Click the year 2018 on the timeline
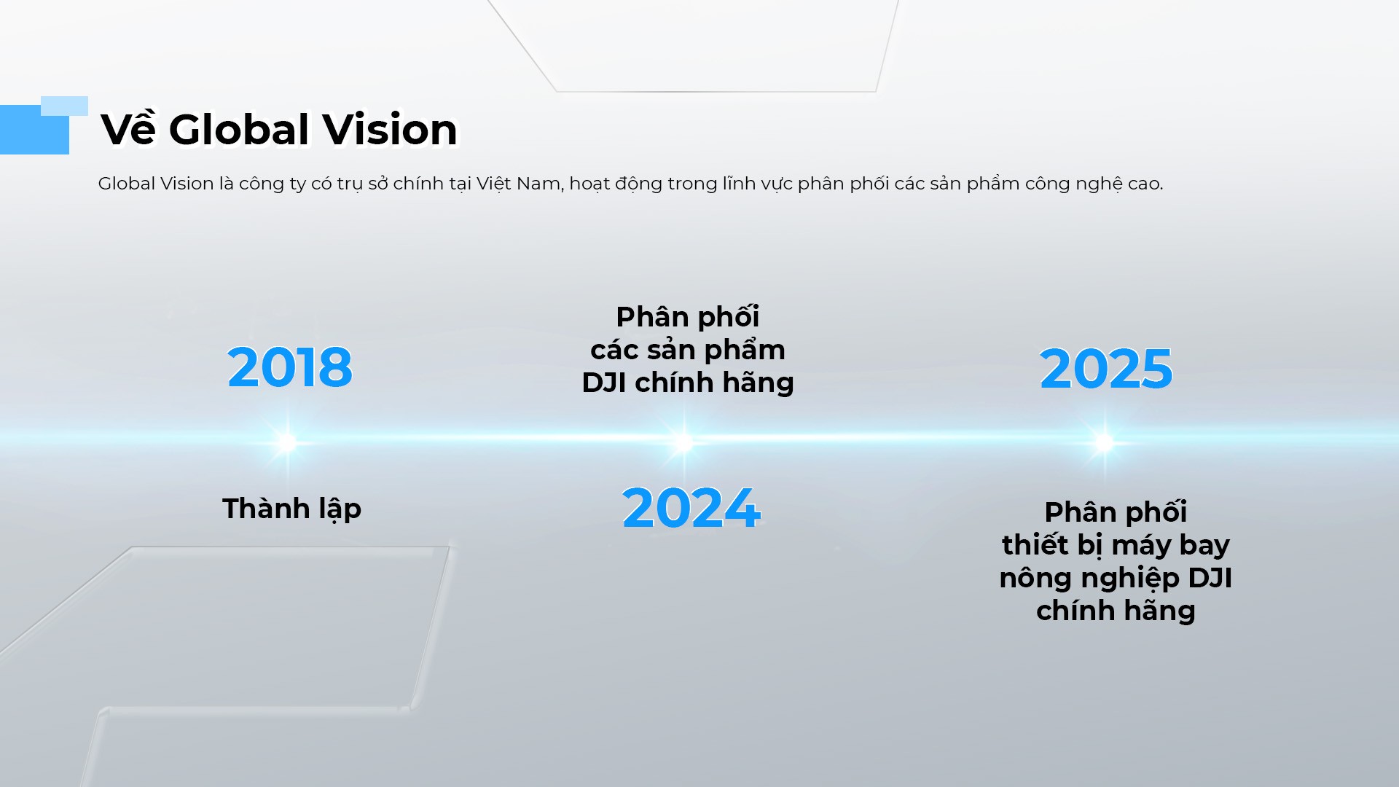[290, 367]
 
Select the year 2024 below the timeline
[691, 508]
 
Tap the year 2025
[1106, 369]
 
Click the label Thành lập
[291, 509]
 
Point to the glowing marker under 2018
[287, 442]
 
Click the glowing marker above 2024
[683, 442]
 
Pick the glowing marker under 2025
[1105, 442]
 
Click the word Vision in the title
[390, 130]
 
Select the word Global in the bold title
[239, 130]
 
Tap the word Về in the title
[128, 130]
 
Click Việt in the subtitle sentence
[493, 184]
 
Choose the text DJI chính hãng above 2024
[687, 383]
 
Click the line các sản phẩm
[687, 350]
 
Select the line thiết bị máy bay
[1116, 545]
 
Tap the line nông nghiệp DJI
[1116, 578]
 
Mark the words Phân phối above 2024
[687, 317]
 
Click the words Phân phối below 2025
[1116, 512]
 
